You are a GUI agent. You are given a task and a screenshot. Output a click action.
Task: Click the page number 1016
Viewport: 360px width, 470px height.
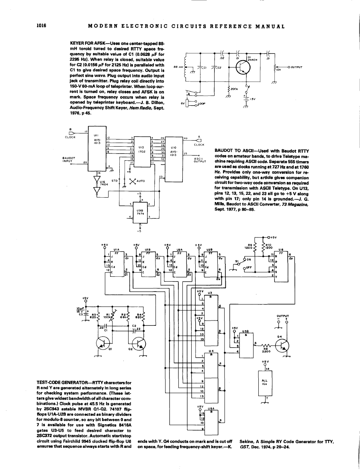coord(42,27)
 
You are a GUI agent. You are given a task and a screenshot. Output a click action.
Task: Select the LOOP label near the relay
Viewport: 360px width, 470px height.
coord(202,104)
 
